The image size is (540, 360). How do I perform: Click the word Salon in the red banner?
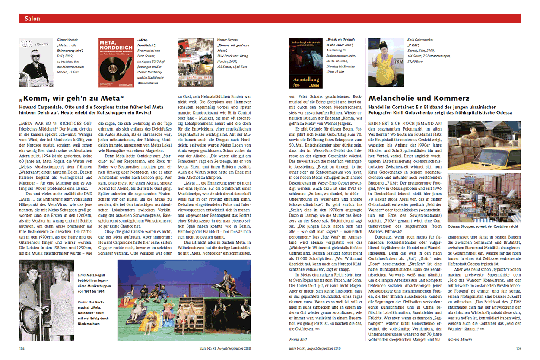(32, 19)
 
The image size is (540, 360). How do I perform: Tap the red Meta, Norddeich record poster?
(114, 63)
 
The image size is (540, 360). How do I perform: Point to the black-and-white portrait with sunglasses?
(36, 63)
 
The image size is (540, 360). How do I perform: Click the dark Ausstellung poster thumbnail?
(305, 63)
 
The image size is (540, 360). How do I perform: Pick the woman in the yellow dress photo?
(386, 63)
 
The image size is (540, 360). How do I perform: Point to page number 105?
(518, 348)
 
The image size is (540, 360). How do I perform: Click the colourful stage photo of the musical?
(184, 300)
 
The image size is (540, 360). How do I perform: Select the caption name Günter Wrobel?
(67, 40)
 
